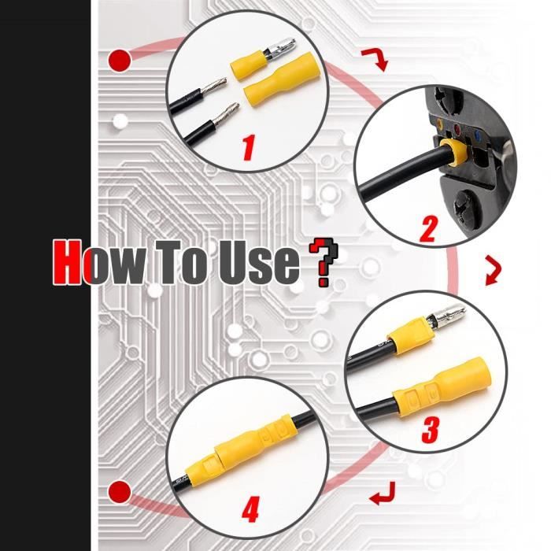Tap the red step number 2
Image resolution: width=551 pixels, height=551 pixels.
(428, 229)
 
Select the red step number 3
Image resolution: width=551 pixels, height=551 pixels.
(430, 430)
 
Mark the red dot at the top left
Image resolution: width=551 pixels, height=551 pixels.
(120, 60)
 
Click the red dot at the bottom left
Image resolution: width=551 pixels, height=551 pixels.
(120, 493)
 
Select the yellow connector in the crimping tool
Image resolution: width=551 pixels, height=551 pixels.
(451, 155)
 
